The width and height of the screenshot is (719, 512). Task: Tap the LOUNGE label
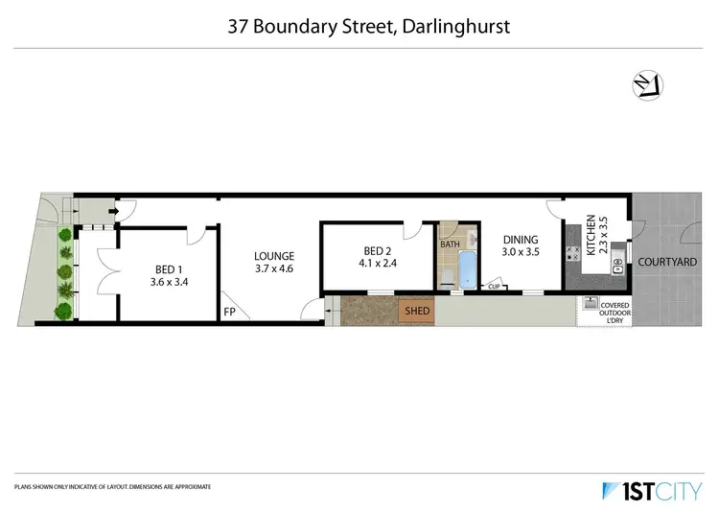pyautogui.click(x=274, y=256)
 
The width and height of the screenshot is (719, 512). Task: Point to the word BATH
pyautogui.click(x=450, y=244)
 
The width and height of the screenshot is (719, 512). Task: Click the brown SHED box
pyautogui.click(x=417, y=311)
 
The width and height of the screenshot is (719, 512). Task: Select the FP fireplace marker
pyautogui.click(x=230, y=313)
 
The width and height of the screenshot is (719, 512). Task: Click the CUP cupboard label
pyautogui.click(x=495, y=287)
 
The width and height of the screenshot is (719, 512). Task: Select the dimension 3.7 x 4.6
pyautogui.click(x=274, y=269)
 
